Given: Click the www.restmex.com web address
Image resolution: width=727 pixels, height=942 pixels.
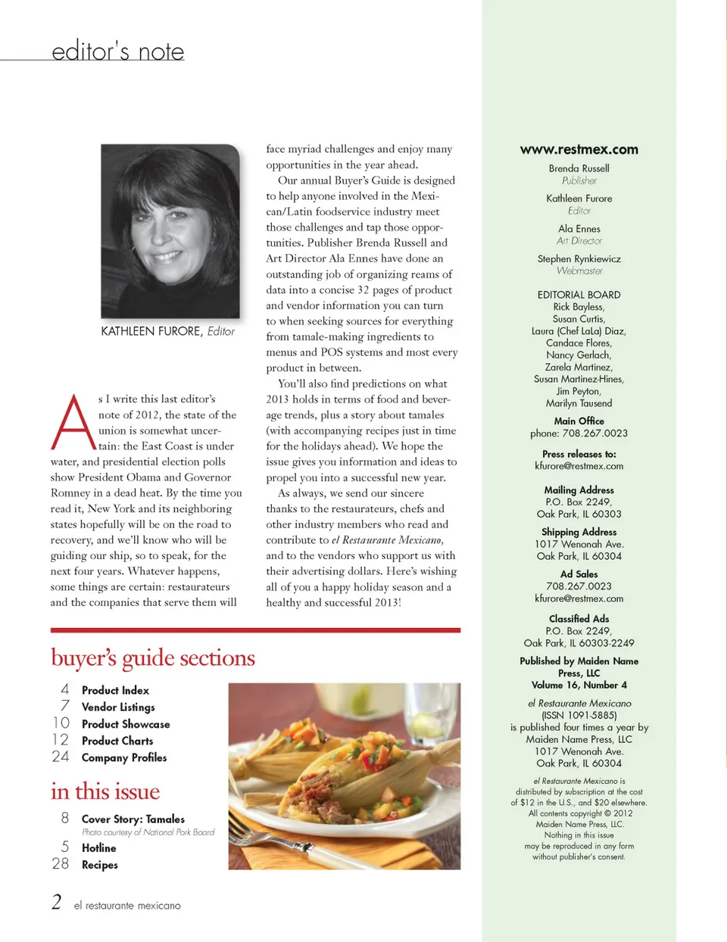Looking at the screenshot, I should point(579,150).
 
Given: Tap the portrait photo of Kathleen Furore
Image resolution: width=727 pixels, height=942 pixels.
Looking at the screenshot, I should point(170,231).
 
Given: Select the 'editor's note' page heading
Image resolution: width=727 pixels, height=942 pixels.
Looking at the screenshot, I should point(118,51).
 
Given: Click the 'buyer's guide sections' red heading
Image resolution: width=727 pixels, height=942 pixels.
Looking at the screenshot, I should point(153,658).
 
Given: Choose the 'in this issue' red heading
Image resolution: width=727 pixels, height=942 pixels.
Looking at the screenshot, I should point(105,791).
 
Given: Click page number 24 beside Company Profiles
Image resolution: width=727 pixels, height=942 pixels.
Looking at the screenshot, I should point(61,757).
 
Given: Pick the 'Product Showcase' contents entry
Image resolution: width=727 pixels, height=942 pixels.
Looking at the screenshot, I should point(126,724).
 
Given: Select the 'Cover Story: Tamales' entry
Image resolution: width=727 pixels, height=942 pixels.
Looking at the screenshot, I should point(133,819).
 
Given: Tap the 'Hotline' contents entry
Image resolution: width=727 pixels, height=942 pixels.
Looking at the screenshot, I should point(99,848).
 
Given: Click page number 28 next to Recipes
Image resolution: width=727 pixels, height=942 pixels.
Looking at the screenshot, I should point(61,864).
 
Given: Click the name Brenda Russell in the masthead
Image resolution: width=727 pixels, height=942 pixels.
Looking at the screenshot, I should point(579,169).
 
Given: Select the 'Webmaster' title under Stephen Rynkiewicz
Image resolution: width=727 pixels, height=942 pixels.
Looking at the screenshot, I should point(579,271).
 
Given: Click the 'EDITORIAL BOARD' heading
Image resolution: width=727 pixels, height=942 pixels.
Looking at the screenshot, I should point(579,295).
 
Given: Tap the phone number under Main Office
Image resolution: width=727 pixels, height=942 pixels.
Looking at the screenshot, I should point(579,434).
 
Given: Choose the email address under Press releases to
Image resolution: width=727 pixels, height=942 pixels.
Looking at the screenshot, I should point(579,466).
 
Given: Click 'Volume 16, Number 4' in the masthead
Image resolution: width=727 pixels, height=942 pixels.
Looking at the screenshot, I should point(579,685).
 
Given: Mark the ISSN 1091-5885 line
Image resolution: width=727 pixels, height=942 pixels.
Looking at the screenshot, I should point(579,715).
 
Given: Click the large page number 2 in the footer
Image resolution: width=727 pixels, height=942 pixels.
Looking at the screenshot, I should point(57,902).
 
